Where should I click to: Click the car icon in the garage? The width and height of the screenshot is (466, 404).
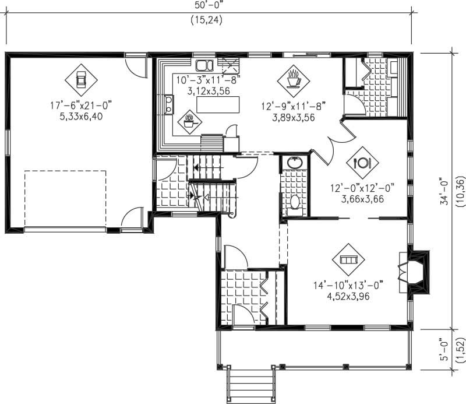tap(81, 79)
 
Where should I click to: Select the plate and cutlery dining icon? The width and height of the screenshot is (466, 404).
tap(362, 162)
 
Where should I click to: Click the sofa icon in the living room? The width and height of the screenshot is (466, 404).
tap(348, 259)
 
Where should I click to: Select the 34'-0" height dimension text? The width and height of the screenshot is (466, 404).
tap(444, 191)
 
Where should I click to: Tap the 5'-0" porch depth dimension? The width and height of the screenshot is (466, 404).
tap(444, 349)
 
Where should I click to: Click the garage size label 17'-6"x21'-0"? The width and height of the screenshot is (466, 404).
tap(80, 106)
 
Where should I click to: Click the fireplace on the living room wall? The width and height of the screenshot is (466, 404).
tap(417, 269)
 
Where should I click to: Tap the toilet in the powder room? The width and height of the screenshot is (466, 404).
tap(295, 202)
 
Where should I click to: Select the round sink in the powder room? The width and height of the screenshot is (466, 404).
tap(294, 163)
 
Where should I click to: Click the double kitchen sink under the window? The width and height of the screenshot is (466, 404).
tap(203, 65)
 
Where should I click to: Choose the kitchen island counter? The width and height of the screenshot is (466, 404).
tap(218, 106)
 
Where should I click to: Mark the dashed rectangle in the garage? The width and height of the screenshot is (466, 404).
tap(65, 199)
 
